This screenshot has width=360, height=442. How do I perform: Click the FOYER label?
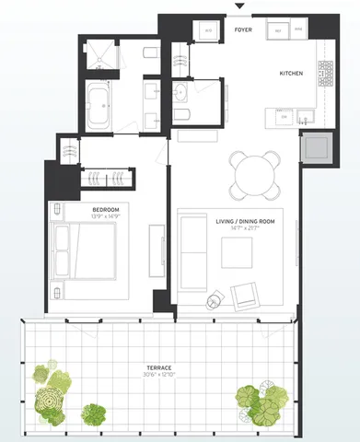243,31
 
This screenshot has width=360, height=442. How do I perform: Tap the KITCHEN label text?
292,72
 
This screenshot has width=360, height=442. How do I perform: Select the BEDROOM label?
106,210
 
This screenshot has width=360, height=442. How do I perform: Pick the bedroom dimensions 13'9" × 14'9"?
106,216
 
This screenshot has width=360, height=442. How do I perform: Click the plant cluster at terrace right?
261,399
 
